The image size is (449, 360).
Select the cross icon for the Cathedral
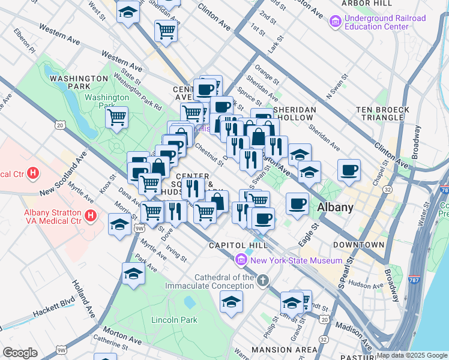coord(262,281)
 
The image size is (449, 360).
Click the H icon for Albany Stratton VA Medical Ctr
coord(91,215)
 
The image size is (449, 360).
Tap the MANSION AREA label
coord(284,350)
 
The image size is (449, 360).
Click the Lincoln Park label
coord(174,320)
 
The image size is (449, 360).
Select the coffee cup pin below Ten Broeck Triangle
coord(349,170)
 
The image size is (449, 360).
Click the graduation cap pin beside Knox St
coord(120,224)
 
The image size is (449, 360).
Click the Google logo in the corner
coord(20,353)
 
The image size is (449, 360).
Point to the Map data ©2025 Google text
coord(412,355)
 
